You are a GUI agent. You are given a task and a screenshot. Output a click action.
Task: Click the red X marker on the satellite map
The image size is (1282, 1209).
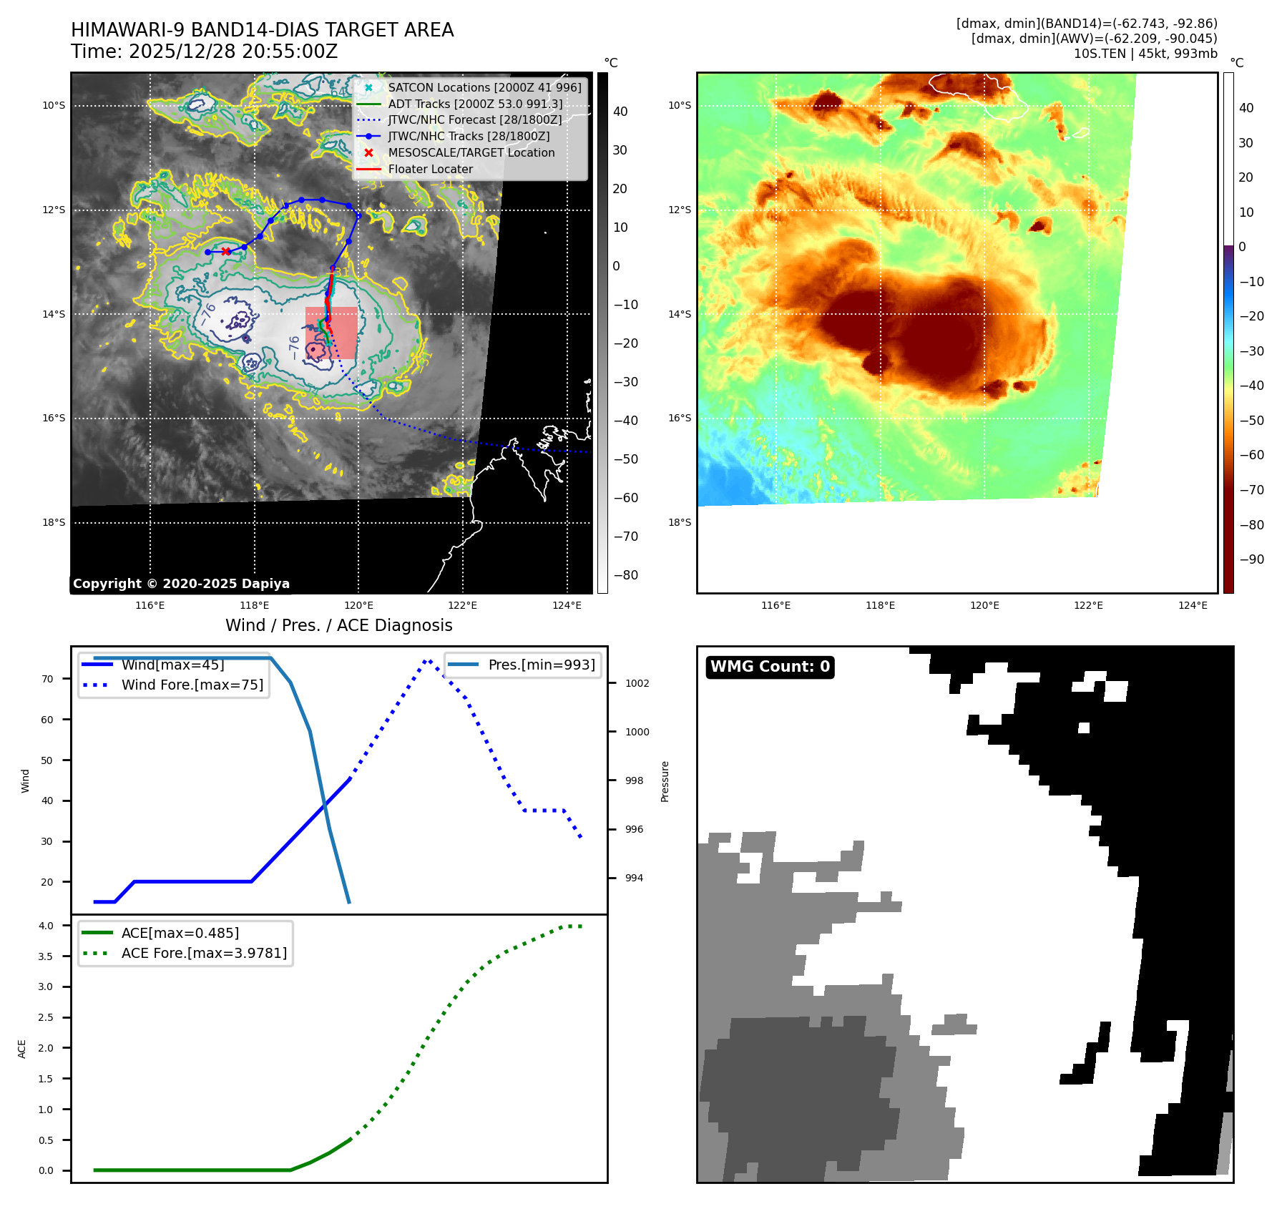coord(226,251)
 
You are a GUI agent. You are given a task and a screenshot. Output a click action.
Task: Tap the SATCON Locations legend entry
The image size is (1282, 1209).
coord(484,87)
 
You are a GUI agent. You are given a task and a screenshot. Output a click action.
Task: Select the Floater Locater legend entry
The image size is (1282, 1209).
coord(430,169)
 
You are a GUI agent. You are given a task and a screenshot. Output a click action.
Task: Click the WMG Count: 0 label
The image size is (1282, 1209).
coord(770,667)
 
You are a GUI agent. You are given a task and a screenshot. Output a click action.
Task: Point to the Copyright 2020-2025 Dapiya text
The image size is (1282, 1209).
coord(181,584)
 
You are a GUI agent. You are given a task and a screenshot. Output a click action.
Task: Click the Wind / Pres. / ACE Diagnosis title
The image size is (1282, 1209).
coord(338,625)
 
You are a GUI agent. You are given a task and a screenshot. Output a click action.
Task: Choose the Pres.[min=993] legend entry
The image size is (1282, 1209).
coord(541,665)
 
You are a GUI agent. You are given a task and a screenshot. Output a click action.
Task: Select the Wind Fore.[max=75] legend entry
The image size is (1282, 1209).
coord(192,685)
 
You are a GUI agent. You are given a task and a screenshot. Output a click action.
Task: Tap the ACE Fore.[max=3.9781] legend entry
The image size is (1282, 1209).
coord(204,953)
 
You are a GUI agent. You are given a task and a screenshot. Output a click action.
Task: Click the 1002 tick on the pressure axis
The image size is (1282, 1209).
coord(637,683)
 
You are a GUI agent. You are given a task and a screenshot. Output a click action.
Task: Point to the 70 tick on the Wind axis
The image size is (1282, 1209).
coord(47,679)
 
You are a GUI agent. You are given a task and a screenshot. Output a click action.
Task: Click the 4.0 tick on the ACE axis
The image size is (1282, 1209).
coord(46,926)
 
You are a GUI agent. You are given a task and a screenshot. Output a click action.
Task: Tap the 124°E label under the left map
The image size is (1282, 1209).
coord(567,606)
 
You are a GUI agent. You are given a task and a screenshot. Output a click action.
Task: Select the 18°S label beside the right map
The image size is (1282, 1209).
coord(679,523)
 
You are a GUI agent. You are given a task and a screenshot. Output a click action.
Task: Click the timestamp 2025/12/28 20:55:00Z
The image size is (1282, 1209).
coord(233,52)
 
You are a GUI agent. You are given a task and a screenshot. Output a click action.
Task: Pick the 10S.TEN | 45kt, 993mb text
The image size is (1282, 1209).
coord(1145,54)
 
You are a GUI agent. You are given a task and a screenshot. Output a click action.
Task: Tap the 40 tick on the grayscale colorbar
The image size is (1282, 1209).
coord(620,112)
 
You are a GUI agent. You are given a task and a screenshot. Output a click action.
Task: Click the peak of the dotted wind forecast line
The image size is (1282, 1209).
coord(427,660)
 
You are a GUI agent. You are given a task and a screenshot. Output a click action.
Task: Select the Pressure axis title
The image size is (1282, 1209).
coord(665,781)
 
